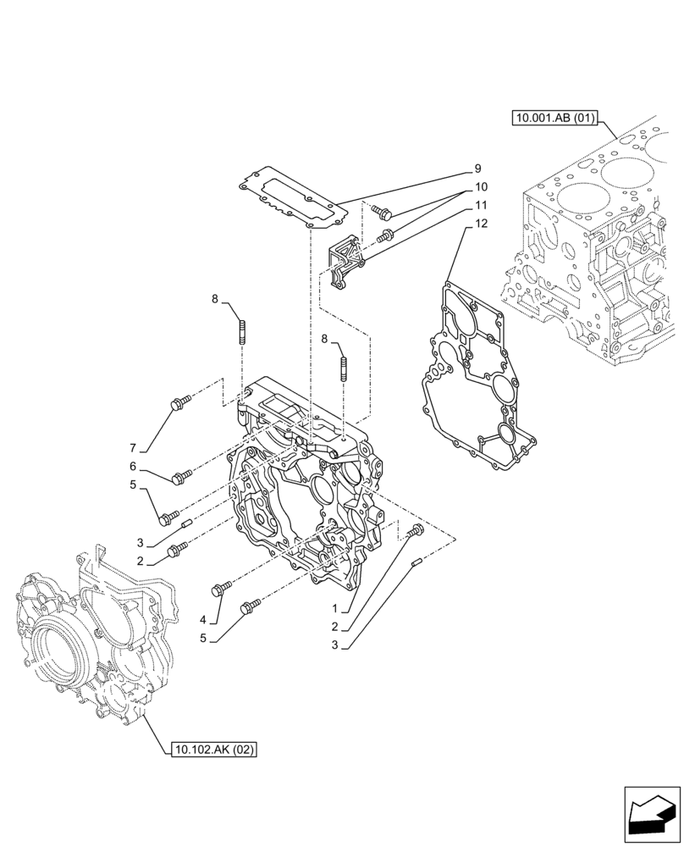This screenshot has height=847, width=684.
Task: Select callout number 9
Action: tap(477, 169)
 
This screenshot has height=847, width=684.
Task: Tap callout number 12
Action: tap(481, 224)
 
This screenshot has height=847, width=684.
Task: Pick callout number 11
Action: tap(480, 205)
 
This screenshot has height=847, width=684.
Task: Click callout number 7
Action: tap(133, 446)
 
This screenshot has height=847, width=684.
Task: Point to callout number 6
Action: tap(133, 467)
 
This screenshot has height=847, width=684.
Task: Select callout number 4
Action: tap(203, 620)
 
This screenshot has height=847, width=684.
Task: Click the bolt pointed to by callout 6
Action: tap(179, 479)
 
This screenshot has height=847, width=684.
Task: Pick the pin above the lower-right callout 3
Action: tap(416, 563)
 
